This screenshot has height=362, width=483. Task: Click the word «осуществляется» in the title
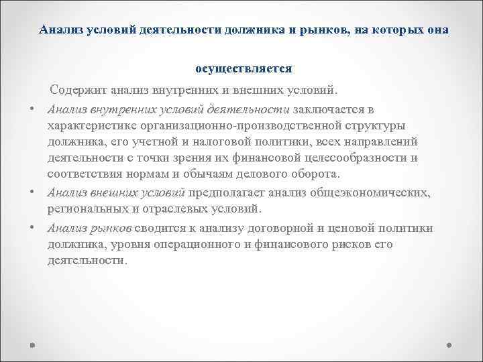coord(244,68)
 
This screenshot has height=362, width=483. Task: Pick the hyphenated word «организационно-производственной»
coord(242,125)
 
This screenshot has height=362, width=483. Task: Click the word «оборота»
coord(317,174)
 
